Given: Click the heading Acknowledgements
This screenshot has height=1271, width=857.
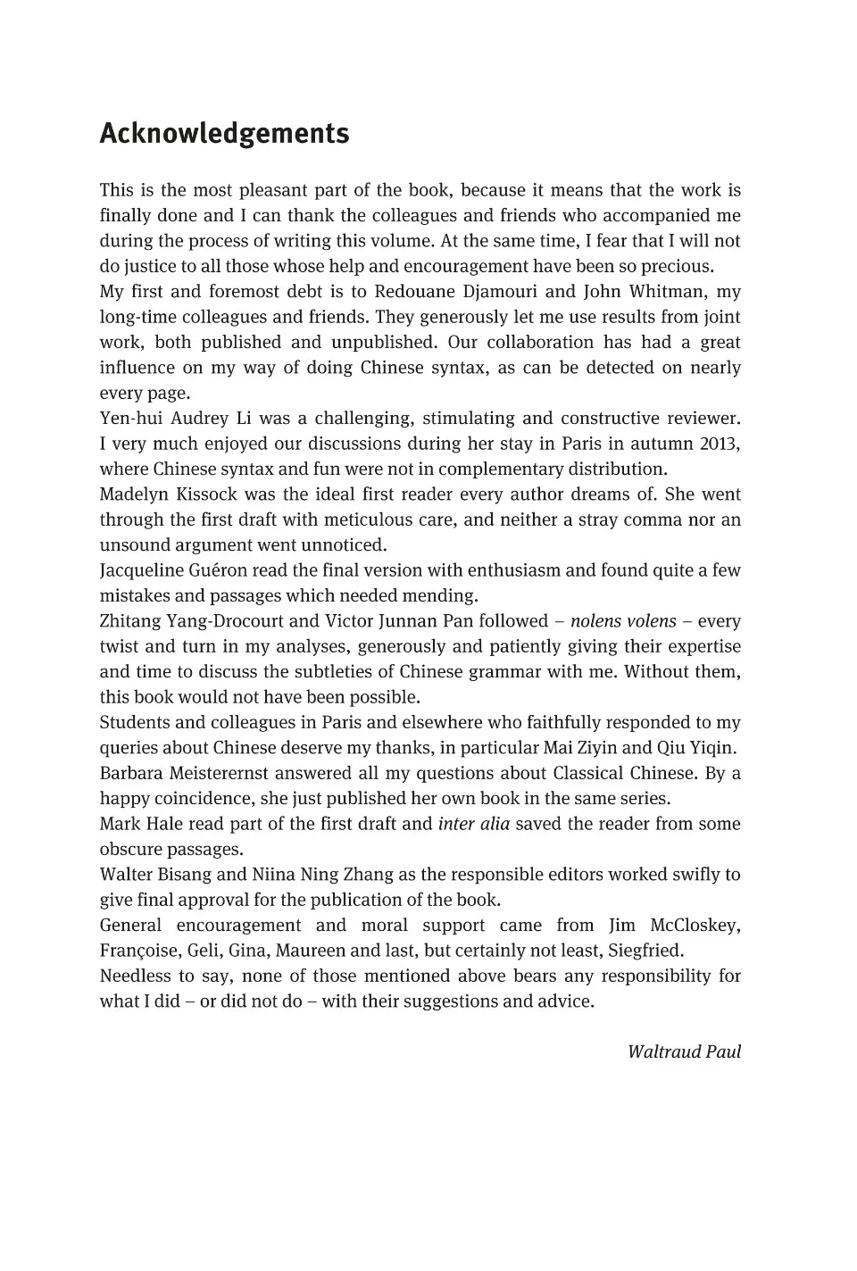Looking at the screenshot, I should click(x=224, y=134).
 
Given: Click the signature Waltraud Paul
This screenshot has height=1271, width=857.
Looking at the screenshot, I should click(x=684, y=1051).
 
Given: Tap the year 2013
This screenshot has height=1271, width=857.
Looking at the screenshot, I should click(x=720, y=444).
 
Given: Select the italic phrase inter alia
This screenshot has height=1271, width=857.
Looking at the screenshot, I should click(x=473, y=824).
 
